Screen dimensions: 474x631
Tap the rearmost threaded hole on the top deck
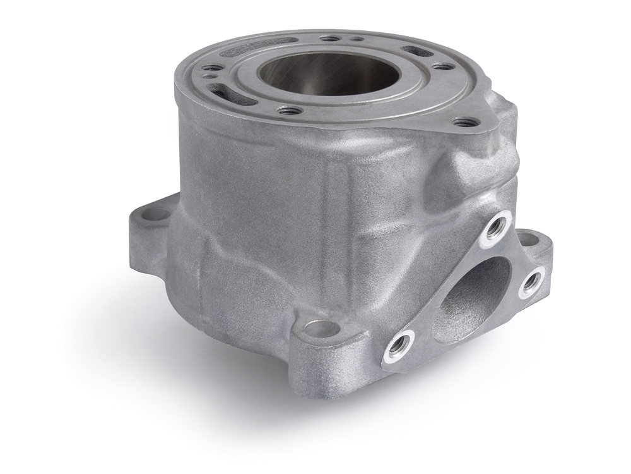(x=328, y=39)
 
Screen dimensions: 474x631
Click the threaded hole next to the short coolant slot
(x=443, y=66)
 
